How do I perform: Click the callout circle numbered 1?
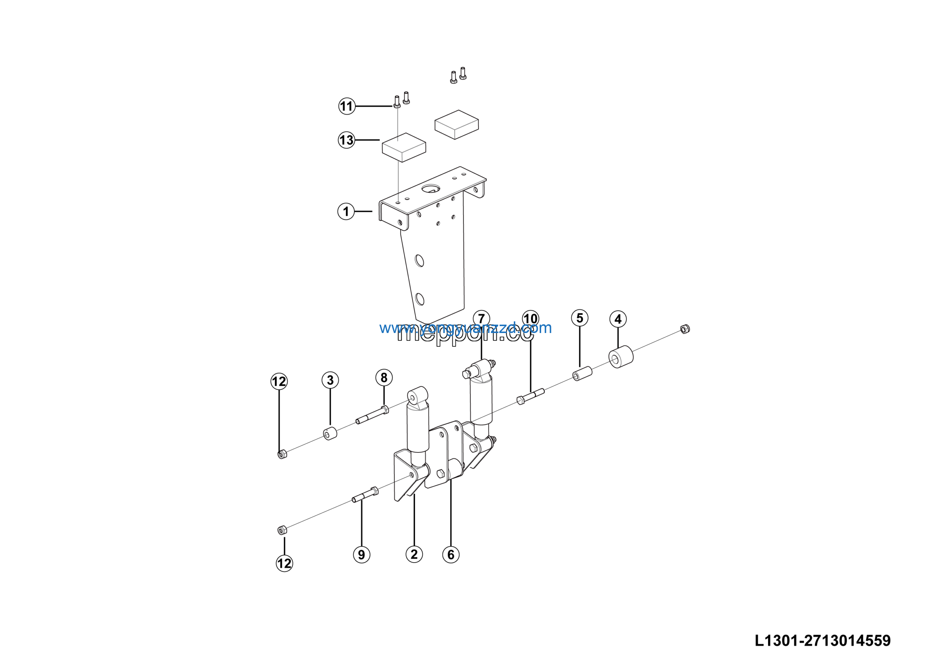(346, 211)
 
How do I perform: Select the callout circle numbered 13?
(346, 140)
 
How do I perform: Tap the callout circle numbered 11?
(347, 106)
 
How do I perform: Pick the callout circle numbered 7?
(481, 318)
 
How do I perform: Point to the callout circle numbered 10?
(530, 319)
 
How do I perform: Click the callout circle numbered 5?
(580, 318)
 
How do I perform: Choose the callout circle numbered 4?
(618, 319)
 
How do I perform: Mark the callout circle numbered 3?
(330, 380)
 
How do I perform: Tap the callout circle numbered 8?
(384, 378)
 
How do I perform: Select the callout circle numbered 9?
(361, 555)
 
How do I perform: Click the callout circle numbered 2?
(414, 554)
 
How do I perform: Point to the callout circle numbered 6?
(451, 555)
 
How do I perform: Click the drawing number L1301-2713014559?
(822, 641)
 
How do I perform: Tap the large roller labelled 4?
(621, 357)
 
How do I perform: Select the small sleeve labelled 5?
(582, 373)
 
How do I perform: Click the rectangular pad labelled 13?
(404, 147)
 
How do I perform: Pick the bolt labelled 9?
(365, 495)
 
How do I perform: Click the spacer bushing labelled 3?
(330, 434)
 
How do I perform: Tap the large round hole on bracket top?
(431, 189)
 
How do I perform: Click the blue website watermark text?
(465, 328)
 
